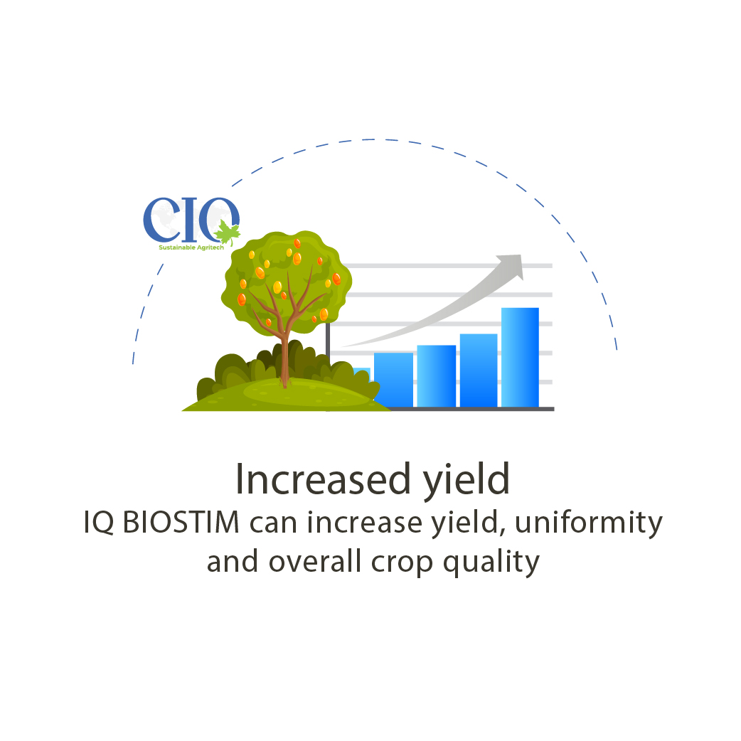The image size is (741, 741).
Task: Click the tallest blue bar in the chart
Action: tap(520, 357)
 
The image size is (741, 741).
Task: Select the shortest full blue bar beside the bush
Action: tap(394, 380)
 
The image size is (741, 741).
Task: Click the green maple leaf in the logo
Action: tap(228, 233)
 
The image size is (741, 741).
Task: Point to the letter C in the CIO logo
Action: tap(161, 219)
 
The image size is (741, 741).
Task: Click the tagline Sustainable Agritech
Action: tap(191, 247)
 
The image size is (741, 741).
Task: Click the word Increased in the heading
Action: tap(323, 479)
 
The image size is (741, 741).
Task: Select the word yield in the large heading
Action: tap(466, 480)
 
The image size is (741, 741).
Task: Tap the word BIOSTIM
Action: tap(181, 523)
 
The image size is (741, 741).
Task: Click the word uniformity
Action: tap(588, 523)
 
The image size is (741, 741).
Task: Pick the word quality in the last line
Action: tap(491, 563)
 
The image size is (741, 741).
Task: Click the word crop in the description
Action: tap(402, 564)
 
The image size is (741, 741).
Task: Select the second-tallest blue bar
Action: tap(479, 370)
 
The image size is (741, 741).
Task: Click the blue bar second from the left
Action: tap(437, 376)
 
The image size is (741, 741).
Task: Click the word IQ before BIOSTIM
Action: tap(99, 523)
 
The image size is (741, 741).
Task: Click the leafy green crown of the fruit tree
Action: tap(287, 281)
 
